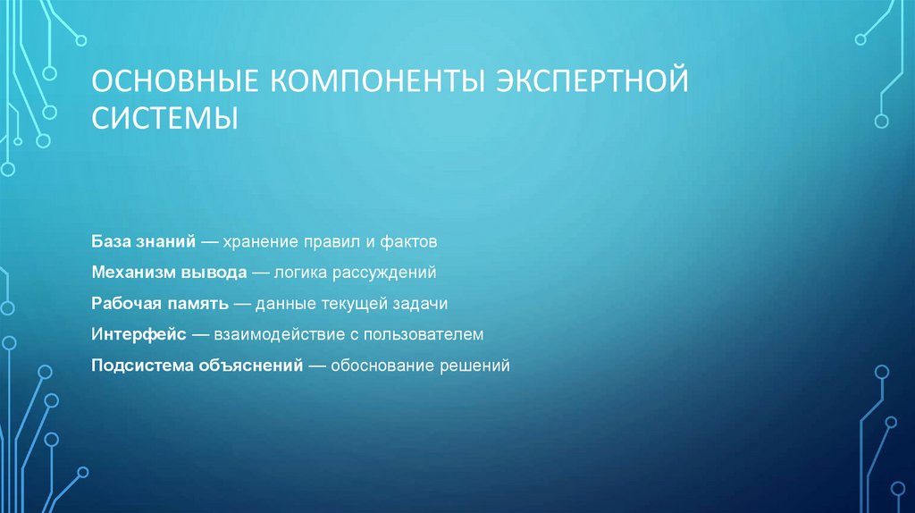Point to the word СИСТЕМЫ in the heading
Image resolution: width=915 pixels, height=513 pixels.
[x=164, y=117]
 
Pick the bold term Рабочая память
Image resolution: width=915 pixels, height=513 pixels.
[x=159, y=303]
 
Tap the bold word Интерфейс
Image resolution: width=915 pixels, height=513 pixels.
[x=138, y=334]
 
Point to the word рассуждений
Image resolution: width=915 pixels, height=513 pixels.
[x=390, y=272]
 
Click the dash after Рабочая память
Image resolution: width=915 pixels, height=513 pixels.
[x=241, y=303]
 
